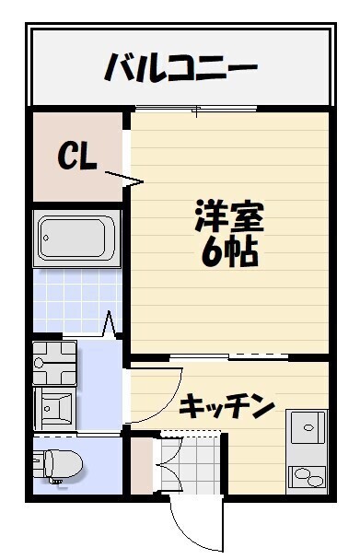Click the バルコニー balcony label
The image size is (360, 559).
coord(180,67)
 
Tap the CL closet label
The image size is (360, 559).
coord(77,157)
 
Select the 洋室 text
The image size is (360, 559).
coord(229,217)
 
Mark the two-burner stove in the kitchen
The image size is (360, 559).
coord(308,476)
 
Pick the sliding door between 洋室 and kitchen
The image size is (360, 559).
coord(230,355)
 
